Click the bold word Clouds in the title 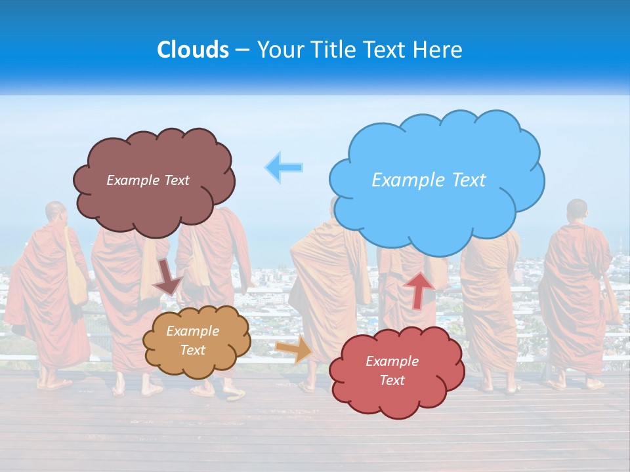tap(193, 50)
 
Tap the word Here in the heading tap(438, 50)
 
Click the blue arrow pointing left tap(284, 167)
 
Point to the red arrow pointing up tap(419, 289)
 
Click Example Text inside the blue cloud tap(429, 180)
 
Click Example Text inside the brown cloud tap(148, 180)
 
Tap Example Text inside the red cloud tap(392, 370)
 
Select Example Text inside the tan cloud tap(192, 340)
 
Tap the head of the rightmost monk tap(577, 210)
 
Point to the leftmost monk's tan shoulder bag tap(76, 275)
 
